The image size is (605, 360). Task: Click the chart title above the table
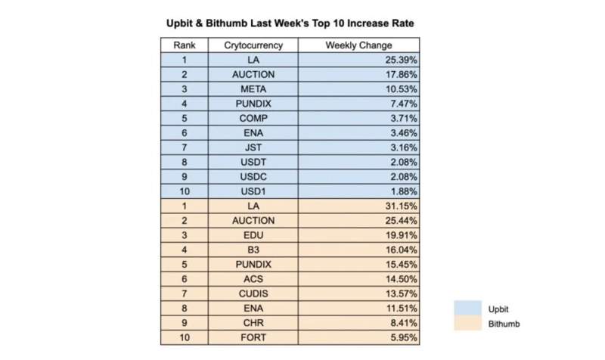[x=290, y=23]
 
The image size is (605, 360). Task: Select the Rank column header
[x=185, y=45]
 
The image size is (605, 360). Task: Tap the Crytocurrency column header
[x=253, y=45]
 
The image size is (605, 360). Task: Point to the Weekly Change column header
[x=358, y=45]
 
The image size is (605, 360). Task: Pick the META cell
[x=253, y=89]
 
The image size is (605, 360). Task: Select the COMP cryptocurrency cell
[x=253, y=118]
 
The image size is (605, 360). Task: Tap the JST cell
[x=253, y=147]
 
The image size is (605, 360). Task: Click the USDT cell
[x=253, y=162]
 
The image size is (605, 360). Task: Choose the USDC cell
[x=253, y=176]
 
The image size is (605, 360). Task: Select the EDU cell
[x=253, y=235]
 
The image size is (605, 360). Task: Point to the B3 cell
[x=253, y=250]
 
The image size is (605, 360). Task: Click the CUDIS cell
[x=253, y=293]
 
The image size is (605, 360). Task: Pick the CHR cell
[x=253, y=323]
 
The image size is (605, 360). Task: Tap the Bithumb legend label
[x=505, y=324]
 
